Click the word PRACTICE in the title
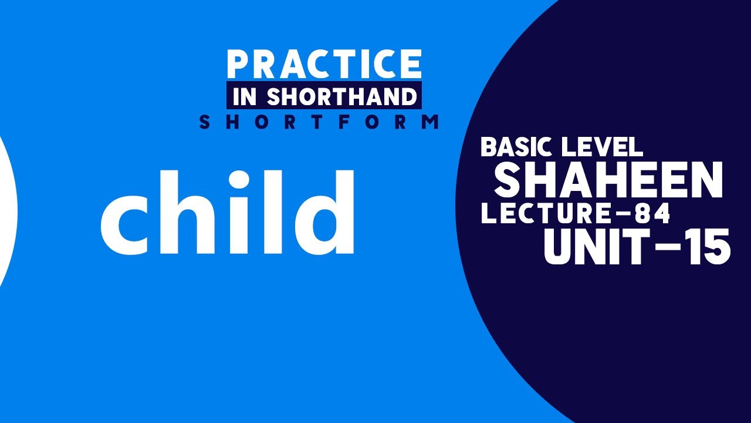click(x=324, y=64)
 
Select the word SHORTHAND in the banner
click(x=341, y=97)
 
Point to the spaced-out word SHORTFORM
click(x=319, y=122)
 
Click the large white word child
click(x=227, y=212)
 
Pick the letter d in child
click(x=326, y=213)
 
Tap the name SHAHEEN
click(x=608, y=180)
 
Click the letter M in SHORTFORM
click(x=431, y=122)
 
